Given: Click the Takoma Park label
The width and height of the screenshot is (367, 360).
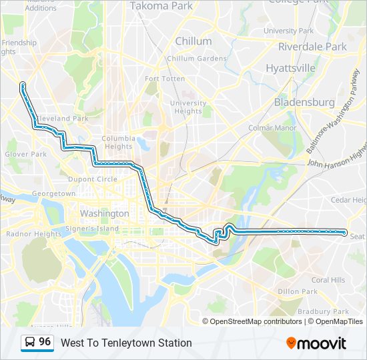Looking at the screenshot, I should point(161,6).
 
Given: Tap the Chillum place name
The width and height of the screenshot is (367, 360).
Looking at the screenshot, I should point(193,41).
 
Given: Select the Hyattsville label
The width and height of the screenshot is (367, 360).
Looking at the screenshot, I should point(290,68).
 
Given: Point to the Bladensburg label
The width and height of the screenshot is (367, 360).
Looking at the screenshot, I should point(304,103).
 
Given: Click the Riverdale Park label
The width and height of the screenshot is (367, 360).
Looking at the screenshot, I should point(312,47).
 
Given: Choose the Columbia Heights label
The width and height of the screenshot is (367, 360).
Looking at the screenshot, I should point(118,143).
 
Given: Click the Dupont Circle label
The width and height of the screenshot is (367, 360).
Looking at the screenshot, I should point(92,179).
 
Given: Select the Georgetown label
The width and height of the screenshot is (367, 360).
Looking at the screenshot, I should point(54,193).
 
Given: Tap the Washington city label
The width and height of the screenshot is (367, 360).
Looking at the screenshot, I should point(104,214).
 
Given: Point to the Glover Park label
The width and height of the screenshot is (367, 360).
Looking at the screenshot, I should point(26,154).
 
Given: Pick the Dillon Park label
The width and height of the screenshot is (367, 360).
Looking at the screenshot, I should point(298,291).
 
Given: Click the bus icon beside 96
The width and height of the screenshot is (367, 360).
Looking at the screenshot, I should point(30,343).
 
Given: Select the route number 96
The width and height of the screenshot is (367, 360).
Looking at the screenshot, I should point(45,342).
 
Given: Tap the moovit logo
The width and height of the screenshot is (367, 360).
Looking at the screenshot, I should point(316,343).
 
